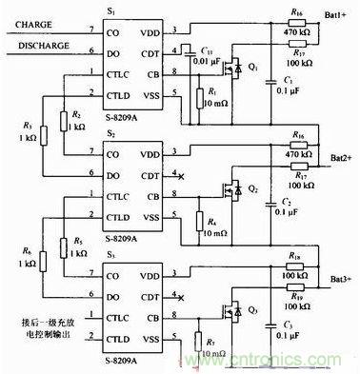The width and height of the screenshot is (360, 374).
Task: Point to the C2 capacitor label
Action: (286, 203)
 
